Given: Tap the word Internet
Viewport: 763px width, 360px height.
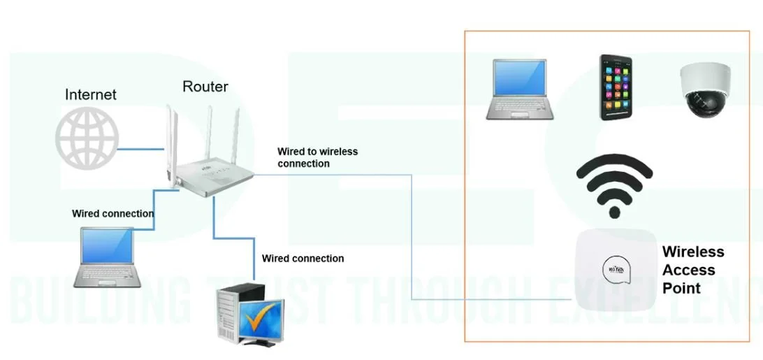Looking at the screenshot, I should coord(91,94).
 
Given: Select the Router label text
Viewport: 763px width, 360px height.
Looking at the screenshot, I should coord(205,87).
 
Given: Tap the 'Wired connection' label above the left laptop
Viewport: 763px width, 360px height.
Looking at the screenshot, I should coord(113,213).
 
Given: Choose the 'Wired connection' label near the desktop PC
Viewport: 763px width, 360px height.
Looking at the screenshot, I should coord(303,259).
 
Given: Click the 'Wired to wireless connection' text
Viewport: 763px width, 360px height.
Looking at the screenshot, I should coord(317,157).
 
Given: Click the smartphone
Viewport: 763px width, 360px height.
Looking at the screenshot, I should coord(616,87).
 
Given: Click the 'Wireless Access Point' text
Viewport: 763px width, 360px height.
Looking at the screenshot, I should coord(692,270).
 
